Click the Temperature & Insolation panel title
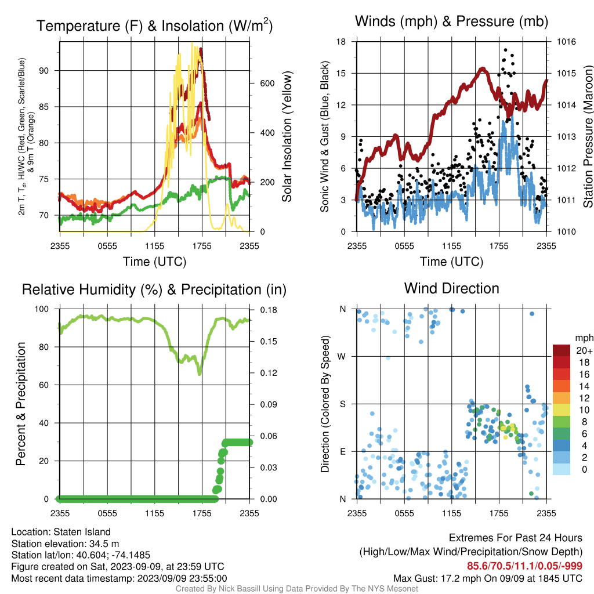coord(154,26)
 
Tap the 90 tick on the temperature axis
coord(44,71)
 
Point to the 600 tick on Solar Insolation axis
coord(267,84)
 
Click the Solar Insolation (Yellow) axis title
coord(287,136)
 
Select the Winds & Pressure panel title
coord(451,21)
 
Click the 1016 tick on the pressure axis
coord(566,42)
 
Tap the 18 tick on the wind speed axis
coord(341,42)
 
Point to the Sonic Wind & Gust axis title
coord(325,136)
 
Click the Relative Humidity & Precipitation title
coord(154,289)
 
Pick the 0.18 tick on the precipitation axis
coord(269,310)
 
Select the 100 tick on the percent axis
coord(42,309)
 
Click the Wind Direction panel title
coord(451,288)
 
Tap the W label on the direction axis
coord(341,357)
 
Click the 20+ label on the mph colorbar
coord(584,351)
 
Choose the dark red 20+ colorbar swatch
coord(562,350)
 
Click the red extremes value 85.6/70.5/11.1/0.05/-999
coord(524,566)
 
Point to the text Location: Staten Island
coord(61,532)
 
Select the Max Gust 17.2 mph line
coord(487,578)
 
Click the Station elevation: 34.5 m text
coord(65,544)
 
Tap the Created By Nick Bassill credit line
coord(296,589)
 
